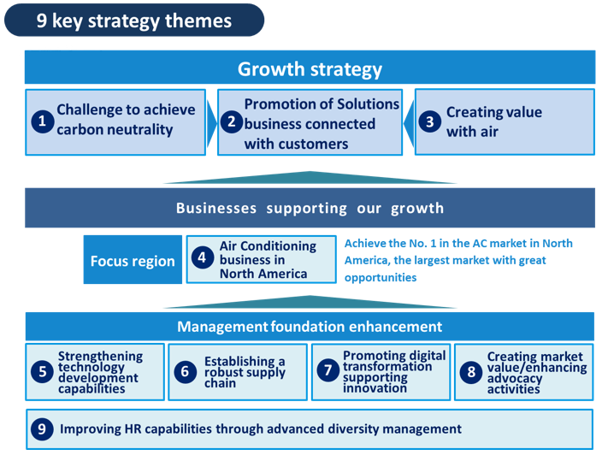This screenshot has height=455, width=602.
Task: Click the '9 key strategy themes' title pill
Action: point(134,21)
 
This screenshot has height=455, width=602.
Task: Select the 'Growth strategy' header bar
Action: point(310,68)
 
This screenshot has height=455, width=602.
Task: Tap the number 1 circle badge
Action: point(43,121)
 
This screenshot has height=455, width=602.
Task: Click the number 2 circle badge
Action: point(232,121)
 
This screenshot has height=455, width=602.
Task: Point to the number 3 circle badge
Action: point(429,121)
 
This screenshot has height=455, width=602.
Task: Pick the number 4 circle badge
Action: point(203,257)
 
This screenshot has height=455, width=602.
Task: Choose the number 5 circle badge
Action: point(42,371)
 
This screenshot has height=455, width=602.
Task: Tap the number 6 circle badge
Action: point(185,372)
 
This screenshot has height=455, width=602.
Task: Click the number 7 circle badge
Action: point(328,370)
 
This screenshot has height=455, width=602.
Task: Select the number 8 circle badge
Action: point(470,372)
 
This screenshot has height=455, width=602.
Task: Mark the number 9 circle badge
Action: point(42,428)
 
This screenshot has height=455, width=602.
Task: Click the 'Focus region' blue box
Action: point(133,259)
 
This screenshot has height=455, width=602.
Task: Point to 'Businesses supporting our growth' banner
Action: point(310,208)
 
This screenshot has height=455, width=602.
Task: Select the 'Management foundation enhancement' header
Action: point(310,327)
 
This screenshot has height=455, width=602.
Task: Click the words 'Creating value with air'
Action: point(494,121)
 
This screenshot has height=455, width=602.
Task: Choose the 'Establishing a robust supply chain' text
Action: point(245,372)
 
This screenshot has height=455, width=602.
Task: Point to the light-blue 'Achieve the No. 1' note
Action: point(458,260)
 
